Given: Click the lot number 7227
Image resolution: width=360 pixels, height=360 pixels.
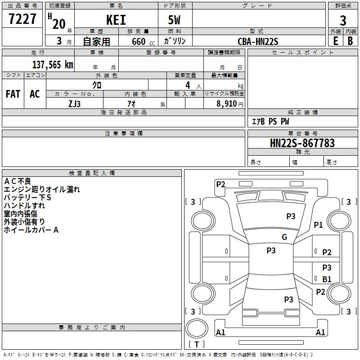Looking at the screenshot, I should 22,19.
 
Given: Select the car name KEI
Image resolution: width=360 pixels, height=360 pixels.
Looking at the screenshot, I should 116,20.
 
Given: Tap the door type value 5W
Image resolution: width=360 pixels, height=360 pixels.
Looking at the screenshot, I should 175,20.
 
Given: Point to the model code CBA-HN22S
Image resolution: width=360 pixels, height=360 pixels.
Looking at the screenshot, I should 258,41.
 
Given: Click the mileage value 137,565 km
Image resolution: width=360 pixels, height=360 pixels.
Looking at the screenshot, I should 53,64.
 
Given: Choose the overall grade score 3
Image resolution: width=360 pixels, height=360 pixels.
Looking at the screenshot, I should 343,20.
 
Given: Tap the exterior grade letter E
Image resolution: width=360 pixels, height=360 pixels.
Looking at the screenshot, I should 335,41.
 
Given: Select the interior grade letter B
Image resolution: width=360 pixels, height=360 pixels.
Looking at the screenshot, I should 350,41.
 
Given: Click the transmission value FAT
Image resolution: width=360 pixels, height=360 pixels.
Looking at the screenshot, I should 13,94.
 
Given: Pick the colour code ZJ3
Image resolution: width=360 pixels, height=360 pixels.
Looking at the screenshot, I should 75,103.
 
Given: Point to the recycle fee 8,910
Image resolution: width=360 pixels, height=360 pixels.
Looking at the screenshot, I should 224,104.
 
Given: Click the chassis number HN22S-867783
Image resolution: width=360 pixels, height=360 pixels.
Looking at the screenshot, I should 302,143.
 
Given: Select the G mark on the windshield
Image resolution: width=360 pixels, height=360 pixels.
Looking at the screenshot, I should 284,237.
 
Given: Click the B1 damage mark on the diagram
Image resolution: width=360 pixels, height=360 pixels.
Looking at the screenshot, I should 327,279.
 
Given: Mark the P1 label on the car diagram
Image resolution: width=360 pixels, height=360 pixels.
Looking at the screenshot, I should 319,225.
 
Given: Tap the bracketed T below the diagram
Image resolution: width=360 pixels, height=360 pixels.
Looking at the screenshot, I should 196,344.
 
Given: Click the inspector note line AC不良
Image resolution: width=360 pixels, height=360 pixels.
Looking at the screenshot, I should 18,181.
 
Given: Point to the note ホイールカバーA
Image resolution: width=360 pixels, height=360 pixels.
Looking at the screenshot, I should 31,230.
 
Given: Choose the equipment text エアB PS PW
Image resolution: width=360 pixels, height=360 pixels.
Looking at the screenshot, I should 270,121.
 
